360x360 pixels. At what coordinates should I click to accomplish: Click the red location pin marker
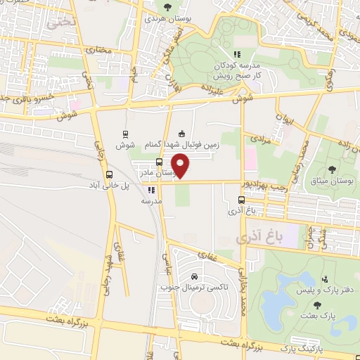click(181, 167)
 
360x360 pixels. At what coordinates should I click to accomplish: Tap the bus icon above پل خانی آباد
click(108, 174)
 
